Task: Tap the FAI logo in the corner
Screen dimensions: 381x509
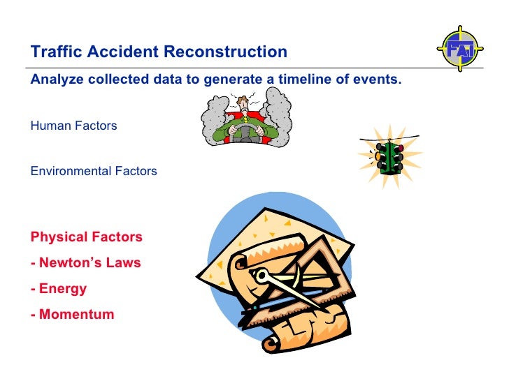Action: click(x=460, y=50)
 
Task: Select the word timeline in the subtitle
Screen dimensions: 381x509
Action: click(x=310, y=79)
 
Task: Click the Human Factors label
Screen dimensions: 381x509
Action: click(x=73, y=126)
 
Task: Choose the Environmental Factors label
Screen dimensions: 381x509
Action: click(x=94, y=171)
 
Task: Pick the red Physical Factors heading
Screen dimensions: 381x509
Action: click(x=86, y=237)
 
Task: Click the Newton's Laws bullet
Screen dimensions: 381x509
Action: click(x=85, y=263)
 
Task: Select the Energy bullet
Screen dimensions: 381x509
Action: click(x=59, y=288)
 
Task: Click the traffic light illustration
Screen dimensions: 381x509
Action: click(x=389, y=158)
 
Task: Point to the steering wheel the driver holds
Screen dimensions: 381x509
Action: click(x=245, y=130)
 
